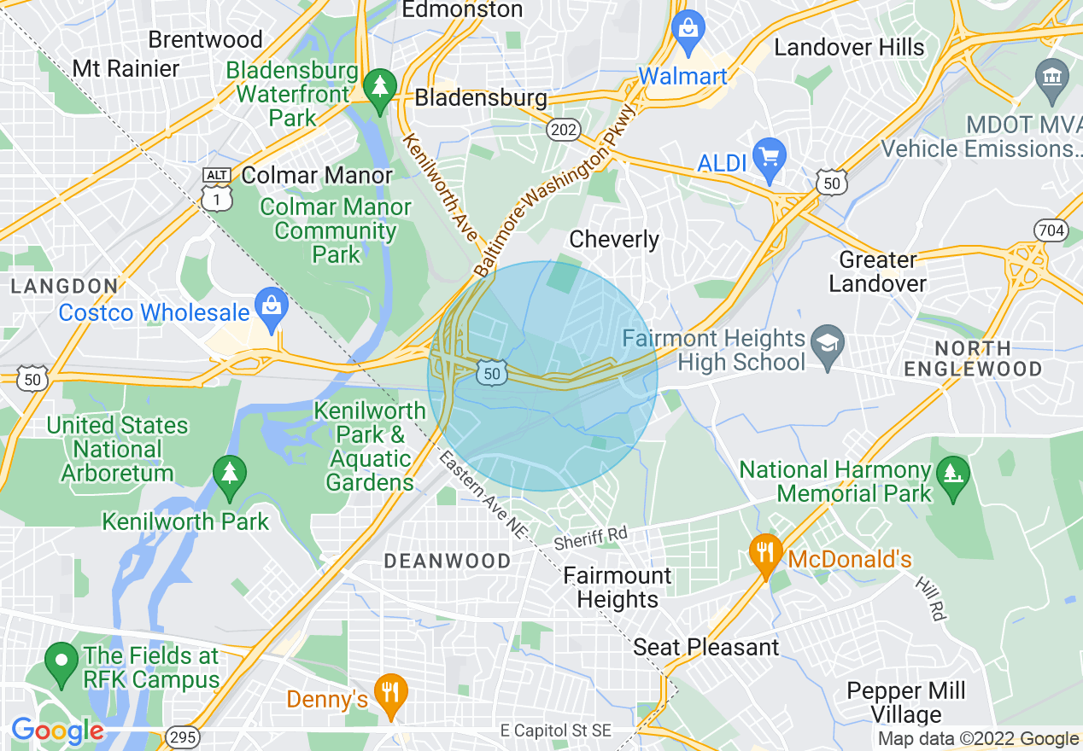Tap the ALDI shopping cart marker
click(770, 158)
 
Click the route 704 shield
click(1049, 230)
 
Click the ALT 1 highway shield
click(217, 189)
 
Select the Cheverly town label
click(614, 239)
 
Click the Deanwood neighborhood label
click(448, 561)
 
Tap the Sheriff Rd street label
click(590, 538)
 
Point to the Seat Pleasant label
click(706, 647)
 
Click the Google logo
click(58, 731)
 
